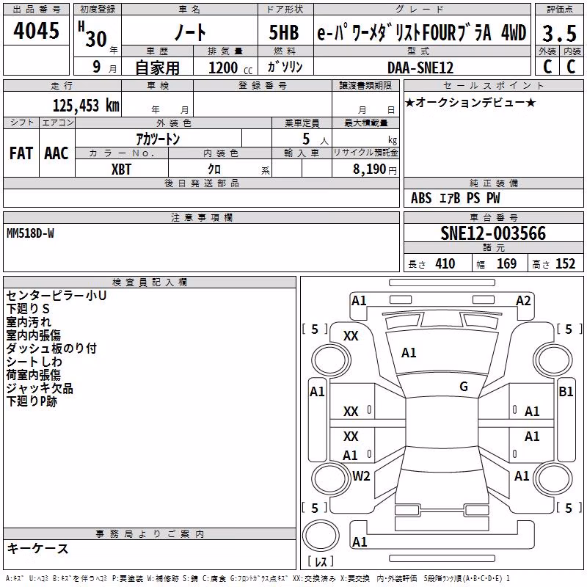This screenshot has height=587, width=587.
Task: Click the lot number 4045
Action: point(36,30)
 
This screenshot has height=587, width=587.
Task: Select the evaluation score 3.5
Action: point(559,33)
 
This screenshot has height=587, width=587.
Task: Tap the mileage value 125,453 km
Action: point(86,106)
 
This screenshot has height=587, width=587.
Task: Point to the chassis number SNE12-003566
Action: point(493,233)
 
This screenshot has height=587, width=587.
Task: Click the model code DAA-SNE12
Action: point(420,68)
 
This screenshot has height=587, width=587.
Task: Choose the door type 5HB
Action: point(284,32)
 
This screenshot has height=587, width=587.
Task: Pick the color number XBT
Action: point(121,169)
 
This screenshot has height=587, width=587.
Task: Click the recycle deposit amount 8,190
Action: point(370,169)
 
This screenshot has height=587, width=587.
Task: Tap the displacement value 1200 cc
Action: point(230,68)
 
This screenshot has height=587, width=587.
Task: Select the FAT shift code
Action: point(21,153)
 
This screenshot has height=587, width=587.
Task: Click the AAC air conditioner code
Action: point(56,153)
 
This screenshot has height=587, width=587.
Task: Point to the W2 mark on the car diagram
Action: point(361,476)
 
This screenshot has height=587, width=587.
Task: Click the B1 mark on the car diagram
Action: point(566,392)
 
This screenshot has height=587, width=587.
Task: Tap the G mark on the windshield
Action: point(464,387)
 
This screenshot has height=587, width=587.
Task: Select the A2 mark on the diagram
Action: point(523,301)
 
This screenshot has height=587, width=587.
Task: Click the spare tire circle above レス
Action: point(321,536)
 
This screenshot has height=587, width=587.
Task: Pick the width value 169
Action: point(506,264)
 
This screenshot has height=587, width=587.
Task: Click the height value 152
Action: point(565,264)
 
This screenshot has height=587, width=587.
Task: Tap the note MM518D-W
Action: point(30,233)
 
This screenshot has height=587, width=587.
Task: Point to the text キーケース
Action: point(38,549)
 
